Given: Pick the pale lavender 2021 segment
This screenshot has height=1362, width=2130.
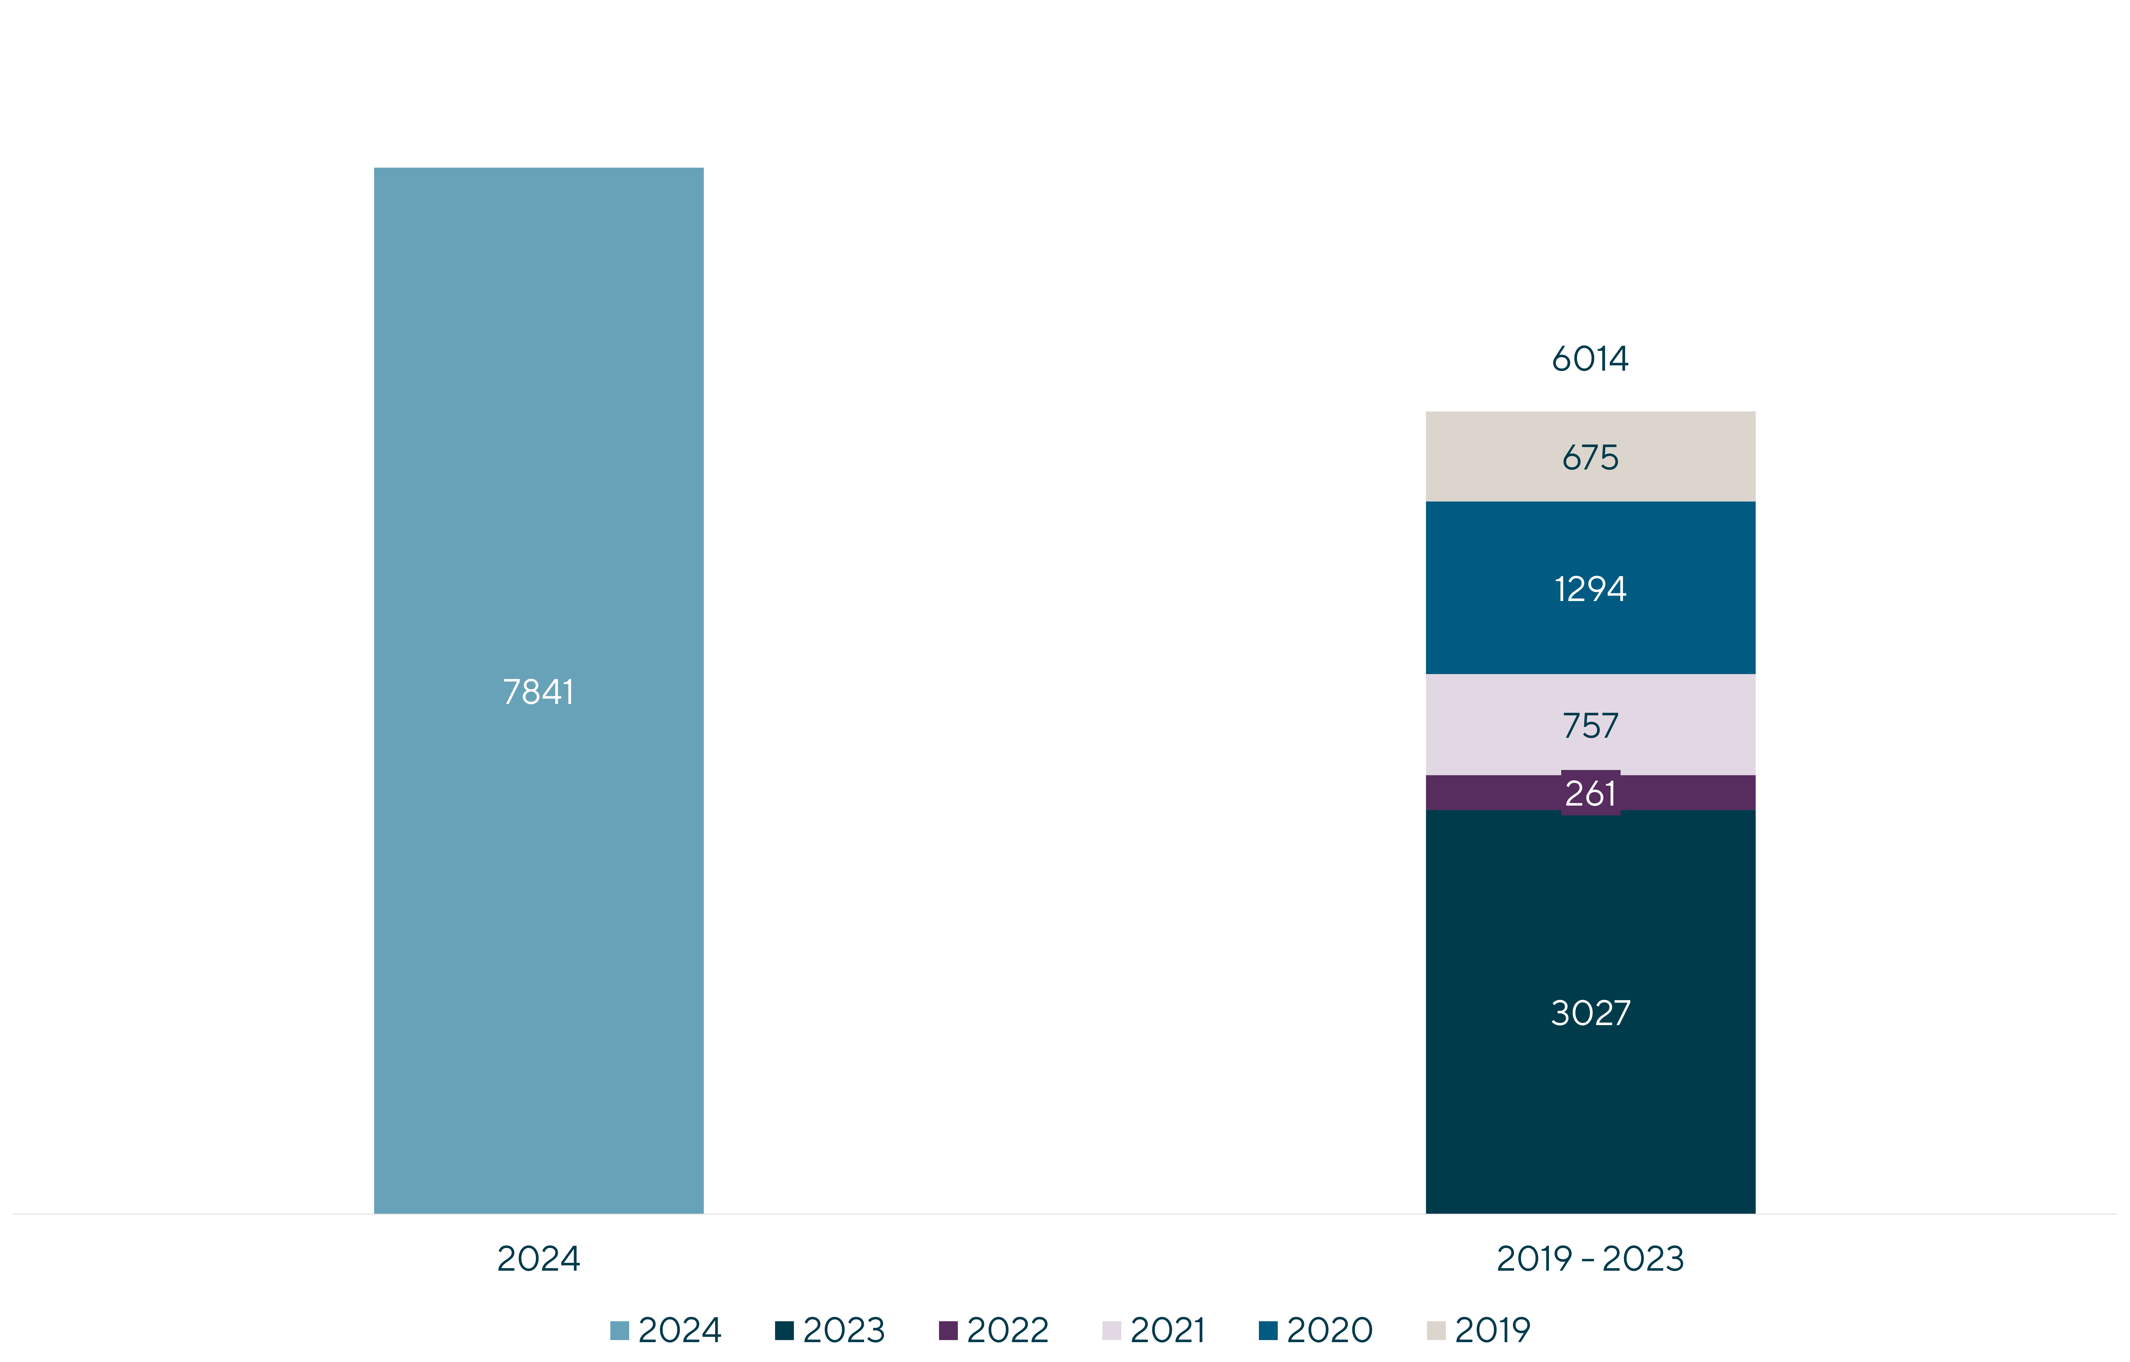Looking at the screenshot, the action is click(x=1590, y=724).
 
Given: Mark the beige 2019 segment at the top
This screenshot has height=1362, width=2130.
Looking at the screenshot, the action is click(x=1590, y=456).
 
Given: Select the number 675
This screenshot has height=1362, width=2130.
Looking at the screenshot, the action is click(x=1590, y=457).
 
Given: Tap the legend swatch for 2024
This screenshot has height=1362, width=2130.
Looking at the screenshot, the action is click(x=619, y=1330).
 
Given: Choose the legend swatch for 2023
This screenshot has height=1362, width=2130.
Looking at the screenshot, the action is click(x=784, y=1330).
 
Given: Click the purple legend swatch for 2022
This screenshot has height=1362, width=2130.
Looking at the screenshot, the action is click(x=948, y=1330).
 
